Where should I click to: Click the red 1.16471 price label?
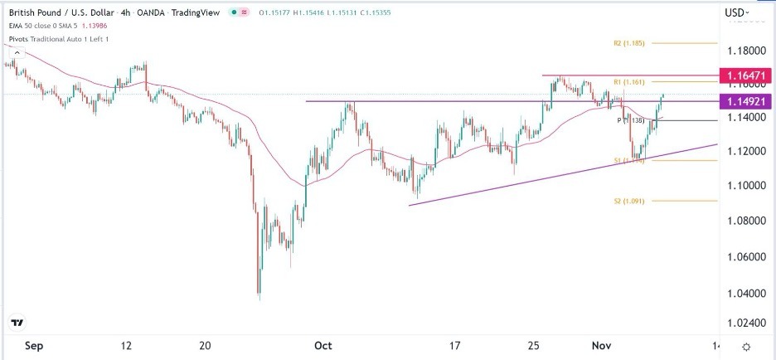749,75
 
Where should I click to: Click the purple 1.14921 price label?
749,101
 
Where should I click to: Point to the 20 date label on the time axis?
206,347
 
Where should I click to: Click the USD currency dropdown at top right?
737,12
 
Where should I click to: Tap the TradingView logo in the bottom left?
18,322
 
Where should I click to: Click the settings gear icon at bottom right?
746,347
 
